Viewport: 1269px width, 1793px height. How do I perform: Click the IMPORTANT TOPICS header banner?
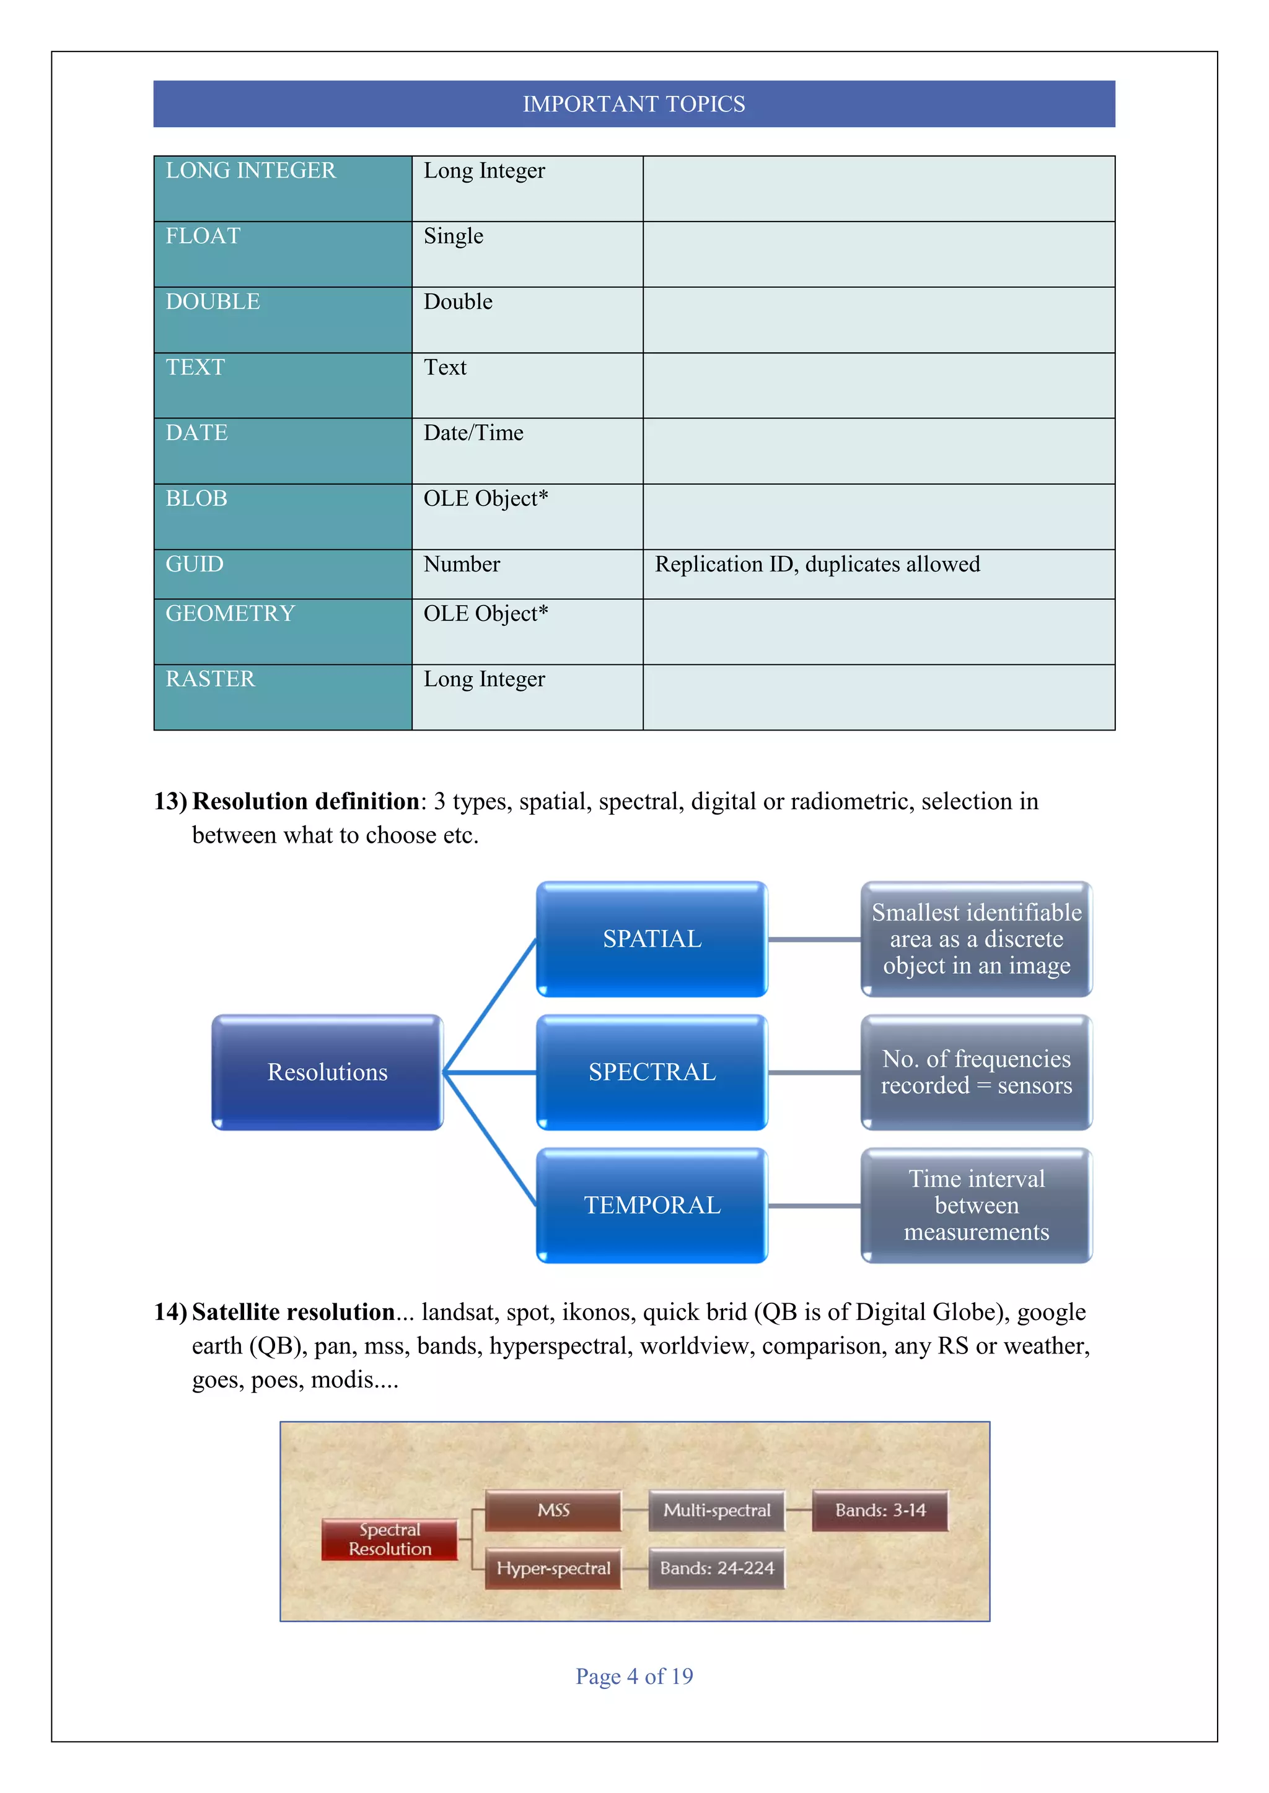click(634, 104)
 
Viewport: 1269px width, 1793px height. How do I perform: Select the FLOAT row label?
click(203, 236)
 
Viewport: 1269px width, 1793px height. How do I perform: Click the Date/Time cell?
click(473, 433)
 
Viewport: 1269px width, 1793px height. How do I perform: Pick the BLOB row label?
click(196, 498)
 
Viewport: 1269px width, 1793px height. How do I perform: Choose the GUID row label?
click(195, 564)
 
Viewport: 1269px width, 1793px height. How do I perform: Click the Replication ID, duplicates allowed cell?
click(817, 564)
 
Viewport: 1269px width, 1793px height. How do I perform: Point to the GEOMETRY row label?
click(230, 614)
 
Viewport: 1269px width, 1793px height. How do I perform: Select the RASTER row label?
click(210, 679)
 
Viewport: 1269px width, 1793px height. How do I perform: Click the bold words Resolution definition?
click(305, 801)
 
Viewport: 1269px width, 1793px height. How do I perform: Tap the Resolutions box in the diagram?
click(327, 1072)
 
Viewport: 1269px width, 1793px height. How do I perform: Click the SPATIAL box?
click(652, 939)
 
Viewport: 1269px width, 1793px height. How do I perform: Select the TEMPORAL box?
click(652, 1205)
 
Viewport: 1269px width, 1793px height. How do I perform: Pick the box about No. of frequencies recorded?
click(976, 1072)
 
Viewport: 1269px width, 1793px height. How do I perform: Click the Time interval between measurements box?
click(976, 1205)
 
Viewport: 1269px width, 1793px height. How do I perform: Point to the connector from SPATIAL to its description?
click(814, 939)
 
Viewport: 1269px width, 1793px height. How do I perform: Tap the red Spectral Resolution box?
click(389, 1539)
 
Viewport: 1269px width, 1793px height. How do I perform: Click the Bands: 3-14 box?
click(880, 1510)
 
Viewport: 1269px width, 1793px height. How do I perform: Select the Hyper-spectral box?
click(553, 1568)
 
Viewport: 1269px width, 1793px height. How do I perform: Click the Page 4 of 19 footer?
click(634, 1676)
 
